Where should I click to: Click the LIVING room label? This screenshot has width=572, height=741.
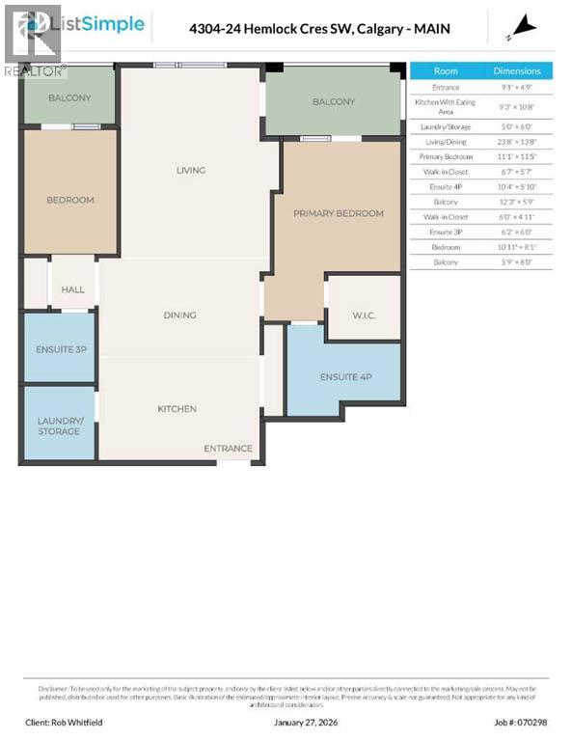[x=191, y=171]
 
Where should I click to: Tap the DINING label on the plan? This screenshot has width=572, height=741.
[x=179, y=315]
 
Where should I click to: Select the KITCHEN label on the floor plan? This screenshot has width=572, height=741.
[x=177, y=409]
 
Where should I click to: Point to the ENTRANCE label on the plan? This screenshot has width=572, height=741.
[x=229, y=449]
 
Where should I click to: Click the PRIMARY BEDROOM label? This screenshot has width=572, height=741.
[x=339, y=213]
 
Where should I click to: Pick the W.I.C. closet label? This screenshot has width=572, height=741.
[x=364, y=315]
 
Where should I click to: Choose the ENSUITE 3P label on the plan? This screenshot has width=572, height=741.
[x=58, y=348]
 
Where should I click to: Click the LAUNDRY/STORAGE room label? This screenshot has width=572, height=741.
[x=60, y=425]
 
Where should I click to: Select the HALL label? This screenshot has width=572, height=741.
[x=72, y=289]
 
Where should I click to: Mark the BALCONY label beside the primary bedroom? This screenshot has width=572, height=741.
[x=334, y=101]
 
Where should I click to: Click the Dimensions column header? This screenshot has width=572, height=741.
[x=517, y=70]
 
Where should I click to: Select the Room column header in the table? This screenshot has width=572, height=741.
[x=446, y=70]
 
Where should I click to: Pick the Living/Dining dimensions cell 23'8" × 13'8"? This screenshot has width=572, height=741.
[x=517, y=141]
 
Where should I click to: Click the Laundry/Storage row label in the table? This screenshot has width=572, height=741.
[x=446, y=127]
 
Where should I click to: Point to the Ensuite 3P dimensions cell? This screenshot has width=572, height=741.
[x=517, y=233]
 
